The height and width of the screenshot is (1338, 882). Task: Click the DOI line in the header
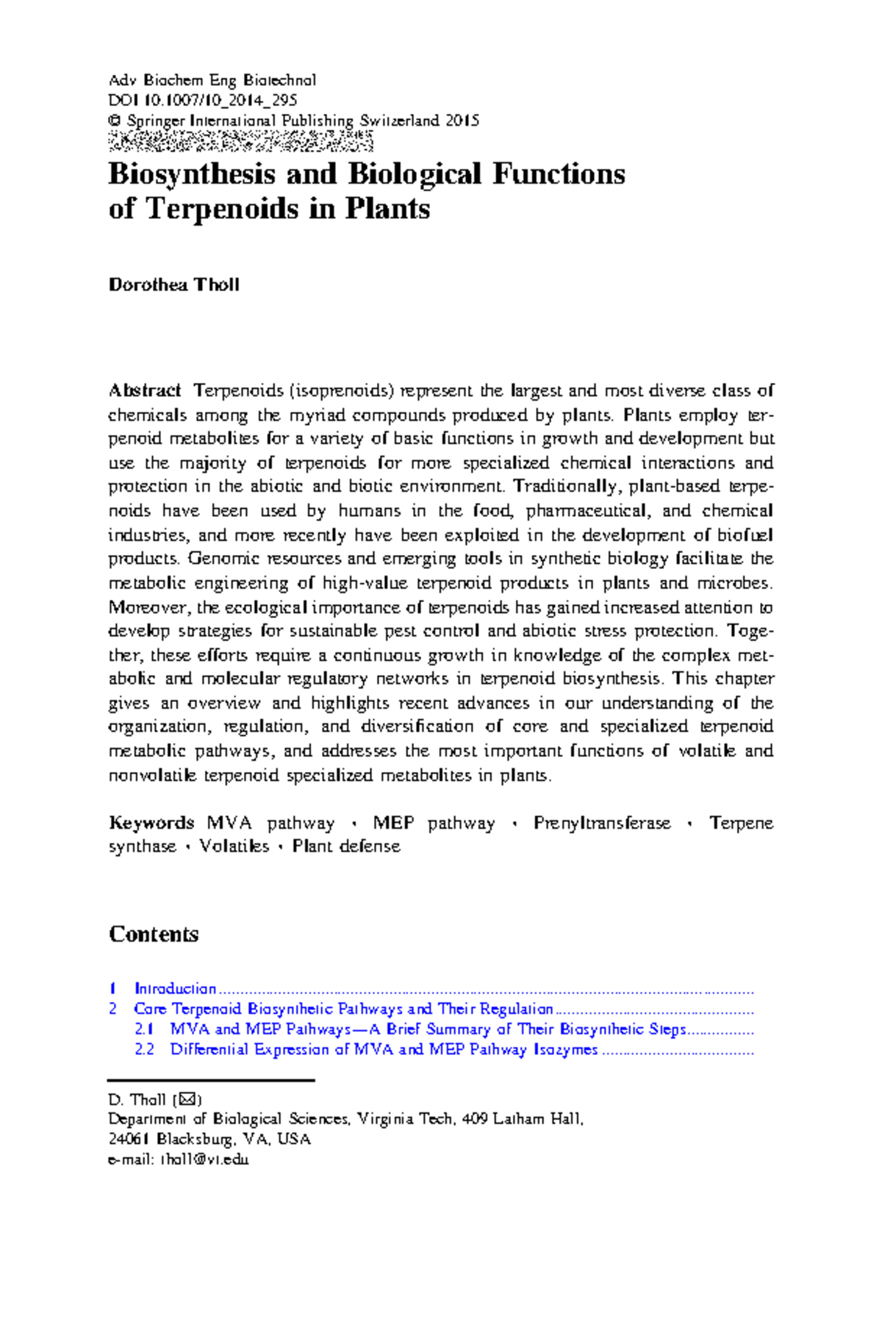[202, 100]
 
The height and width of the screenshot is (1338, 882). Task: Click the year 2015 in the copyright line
[462, 121]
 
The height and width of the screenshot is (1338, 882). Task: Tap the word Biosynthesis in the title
[192, 174]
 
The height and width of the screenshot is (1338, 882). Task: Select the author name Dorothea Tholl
[173, 285]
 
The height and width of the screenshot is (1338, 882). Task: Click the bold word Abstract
[144, 390]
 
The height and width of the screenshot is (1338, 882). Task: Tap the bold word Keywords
[151, 823]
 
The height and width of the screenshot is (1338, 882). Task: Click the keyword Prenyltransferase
[602, 823]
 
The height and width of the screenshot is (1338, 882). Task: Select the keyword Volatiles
[234, 846]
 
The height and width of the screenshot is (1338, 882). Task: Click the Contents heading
[154, 934]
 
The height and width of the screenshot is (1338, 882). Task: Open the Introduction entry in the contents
[175, 989]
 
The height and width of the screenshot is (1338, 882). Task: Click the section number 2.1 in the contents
[144, 1029]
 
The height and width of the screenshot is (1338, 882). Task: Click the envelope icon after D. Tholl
[187, 1100]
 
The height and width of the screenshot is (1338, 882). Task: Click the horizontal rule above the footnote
[211, 1080]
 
